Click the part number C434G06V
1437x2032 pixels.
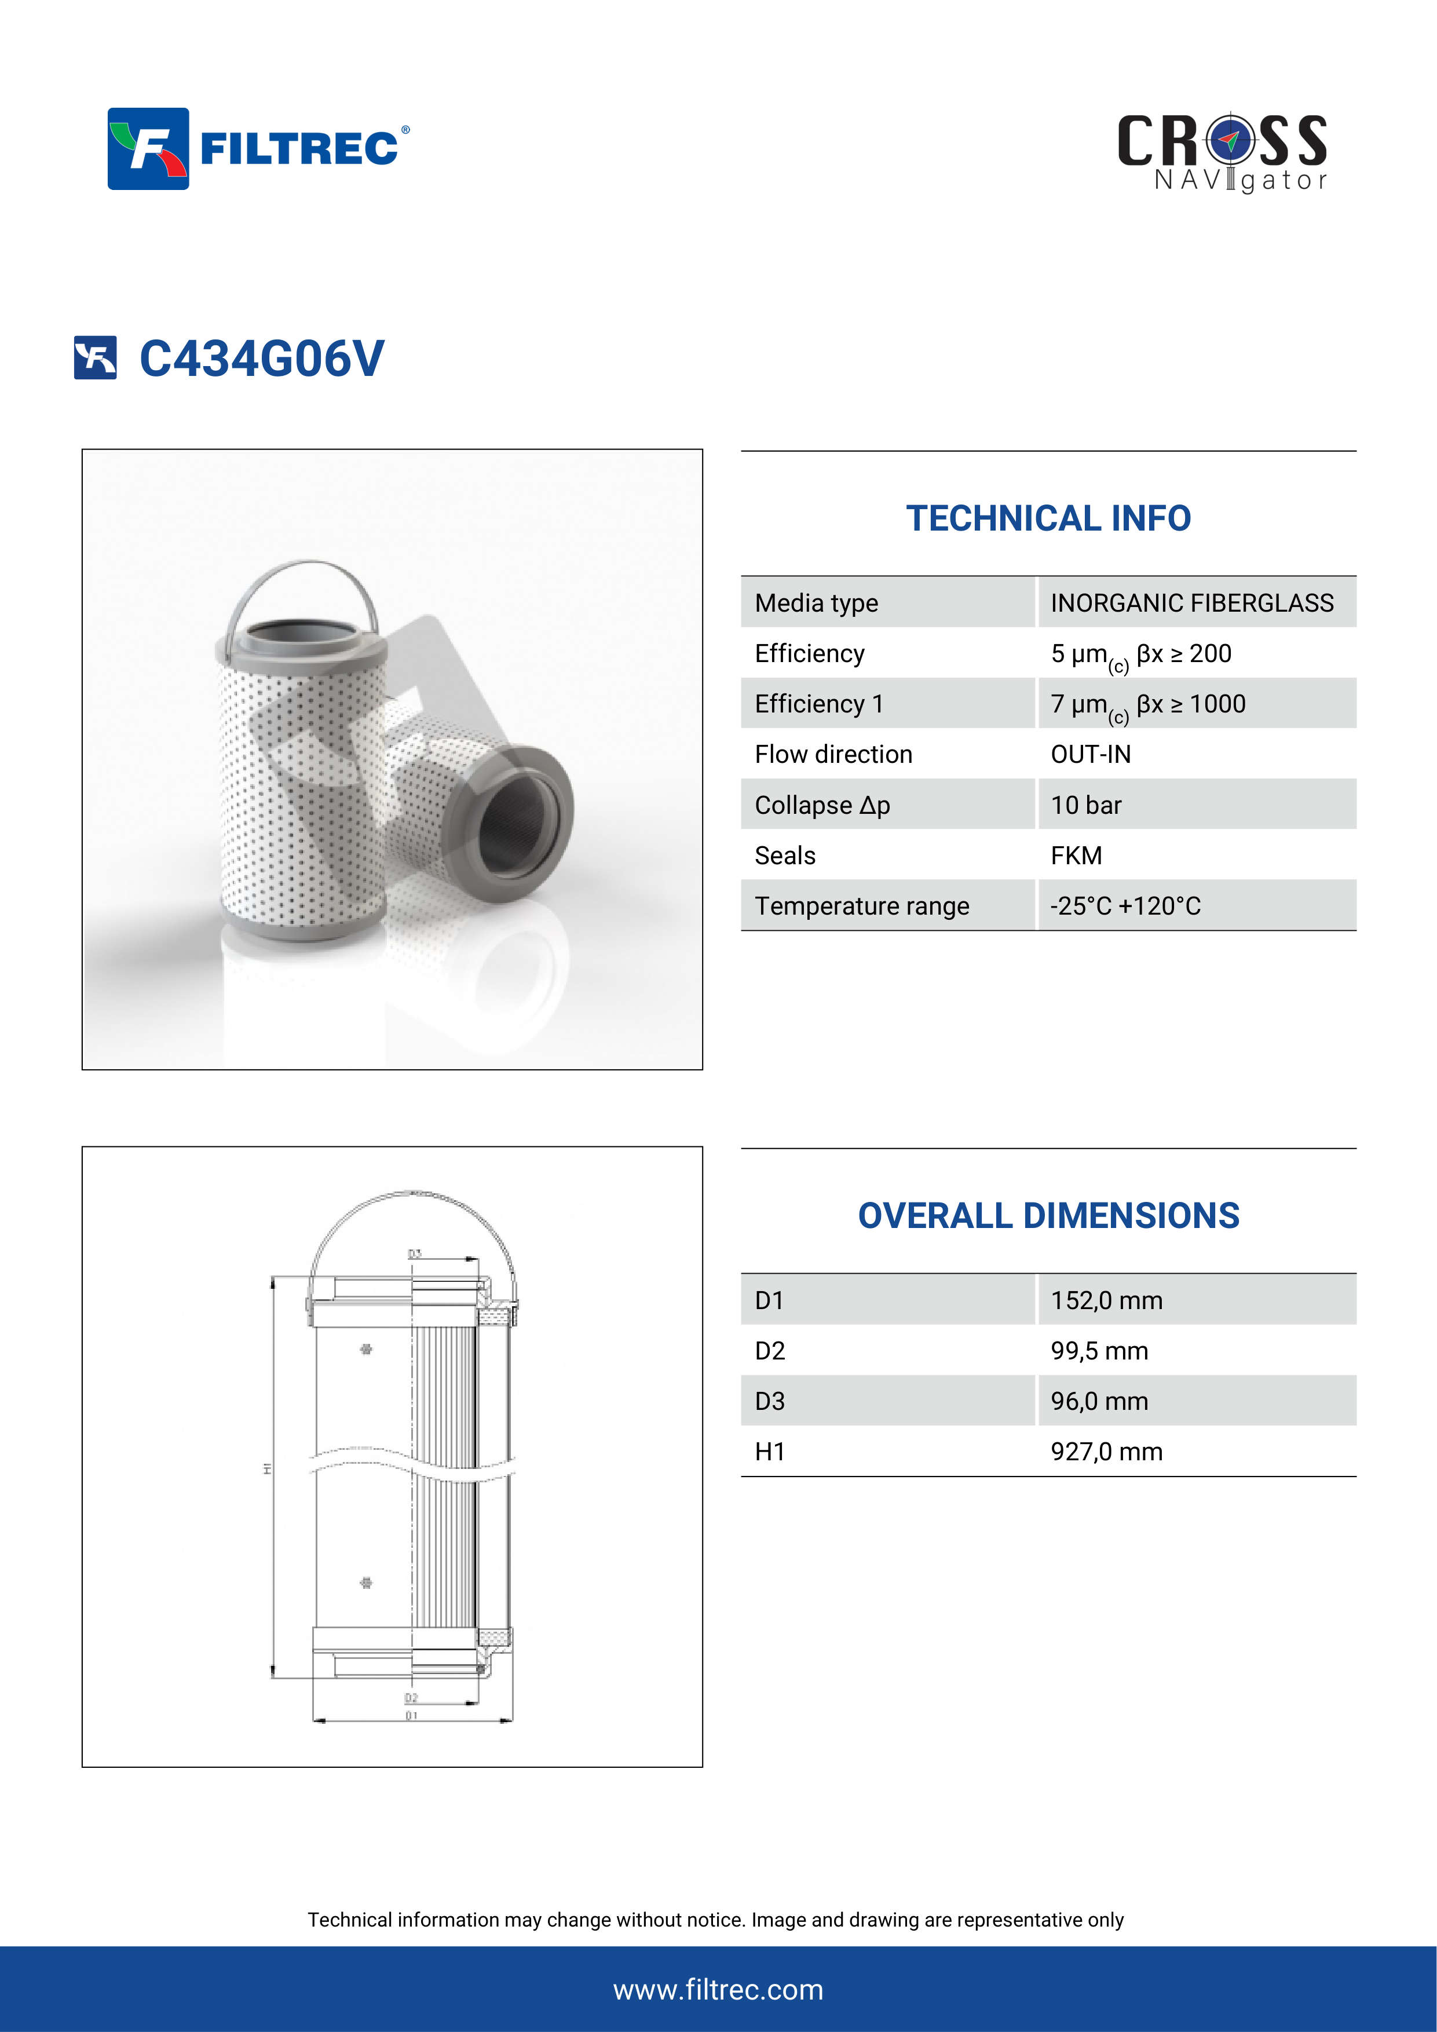click(x=261, y=359)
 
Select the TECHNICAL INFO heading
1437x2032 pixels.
click(x=1048, y=518)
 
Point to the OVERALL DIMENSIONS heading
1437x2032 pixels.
click(x=1048, y=1216)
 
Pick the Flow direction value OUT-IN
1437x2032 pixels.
click(x=1090, y=754)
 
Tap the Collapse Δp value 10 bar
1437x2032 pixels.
click(x=1085, y=805)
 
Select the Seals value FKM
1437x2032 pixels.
click(x=1076, y=856)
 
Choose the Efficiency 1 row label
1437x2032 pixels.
click(x=818, y=704)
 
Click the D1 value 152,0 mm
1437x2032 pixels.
click(x=1106, y=1300)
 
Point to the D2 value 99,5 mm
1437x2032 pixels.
click(x=1099, y=1351)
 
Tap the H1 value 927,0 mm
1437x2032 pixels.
click(x=1106, y=1452)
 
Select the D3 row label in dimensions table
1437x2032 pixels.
click(x=770, y=1401)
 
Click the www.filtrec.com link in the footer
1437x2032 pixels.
click(x=718, y=1990)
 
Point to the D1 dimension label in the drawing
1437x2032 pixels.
click(x=411, y=1715)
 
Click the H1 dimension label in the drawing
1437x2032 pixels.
click(x=266, y=1469)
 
